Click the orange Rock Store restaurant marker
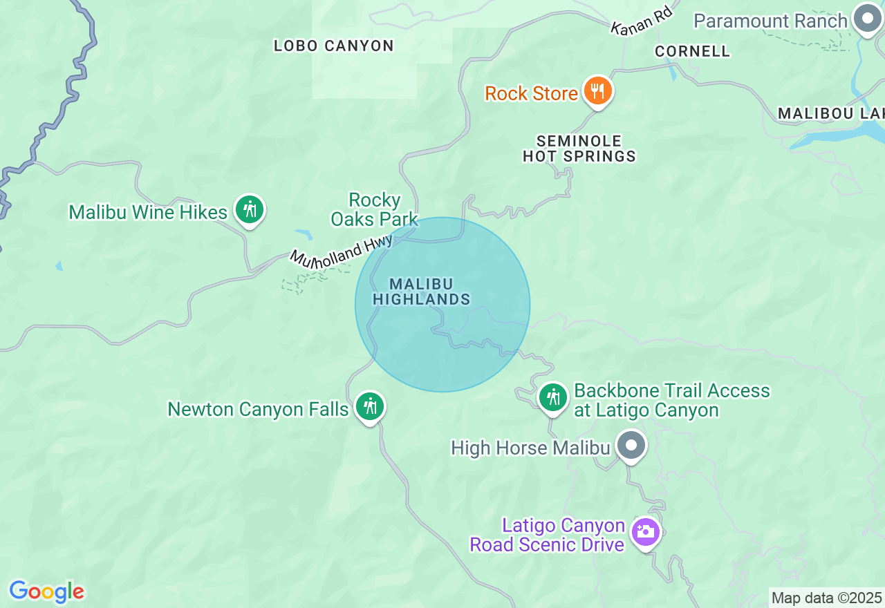pyautogui.click(x=597, y=91)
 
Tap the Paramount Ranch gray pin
pyautogui.click(x=866, y=19)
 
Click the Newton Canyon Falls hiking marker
pyautogui.click(x=370, y=406)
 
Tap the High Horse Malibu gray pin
pyautogui.click(x=631, y=445)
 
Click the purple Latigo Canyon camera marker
pyautogui.click(x=645, y=532)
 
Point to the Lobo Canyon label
pyautogui.click(x=333, y=46)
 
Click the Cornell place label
pyautogui.click(x=692, y=51)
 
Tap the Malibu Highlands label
pyautogui.click(x=422, y=292)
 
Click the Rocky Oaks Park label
pyautogui.click(x=375, y=210)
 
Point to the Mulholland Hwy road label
pyautogui.click(x=341, y=251)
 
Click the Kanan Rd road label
pyautogui.click(x=642, y=21)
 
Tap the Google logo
pyautogui.click(x=46, y=591)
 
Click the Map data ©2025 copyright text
pyautogui.click(x=826, y=598)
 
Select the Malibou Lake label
pyautogui.click(x=830, y=113)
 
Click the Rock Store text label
pyautogui.click(x=531, y=93)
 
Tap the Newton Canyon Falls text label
pyautogui.click(x=258, y=410)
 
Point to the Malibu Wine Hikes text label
pyautogui.click(x=148, y=212)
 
